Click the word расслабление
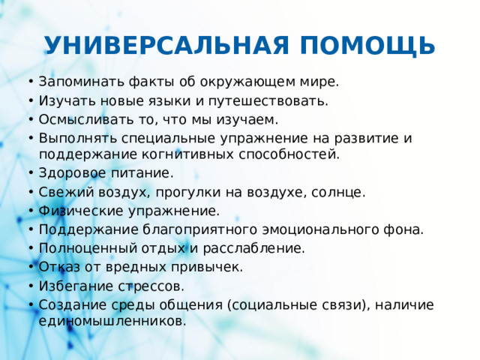tap(261, 248)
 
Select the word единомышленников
tap(112, 321)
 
